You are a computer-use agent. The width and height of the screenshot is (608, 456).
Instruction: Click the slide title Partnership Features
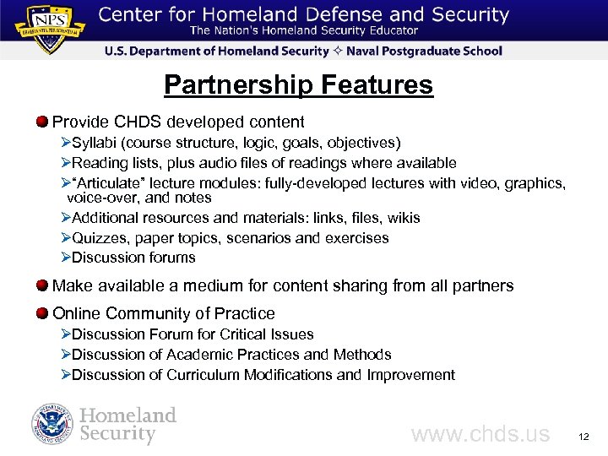(x=298, y=85)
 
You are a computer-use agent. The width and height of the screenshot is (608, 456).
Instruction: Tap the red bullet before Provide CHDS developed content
(x=42, y=122)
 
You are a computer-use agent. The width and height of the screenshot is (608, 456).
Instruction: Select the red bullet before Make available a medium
(x=42, y=285)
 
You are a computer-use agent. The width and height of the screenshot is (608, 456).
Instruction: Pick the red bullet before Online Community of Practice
(x=42, y=313)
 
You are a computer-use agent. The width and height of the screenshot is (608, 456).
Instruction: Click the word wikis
(x=402, y=218)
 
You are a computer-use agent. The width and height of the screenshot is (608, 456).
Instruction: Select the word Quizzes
(x=100, y=238)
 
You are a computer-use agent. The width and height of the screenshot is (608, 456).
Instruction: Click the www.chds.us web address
(x=480, y=435)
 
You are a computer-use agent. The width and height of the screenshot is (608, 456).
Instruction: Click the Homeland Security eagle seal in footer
(x=53, y=425)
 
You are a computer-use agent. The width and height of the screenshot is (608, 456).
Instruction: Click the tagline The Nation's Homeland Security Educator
(x=303, y=31)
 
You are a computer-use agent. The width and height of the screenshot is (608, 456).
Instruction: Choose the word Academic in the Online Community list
(x=197, y=355)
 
